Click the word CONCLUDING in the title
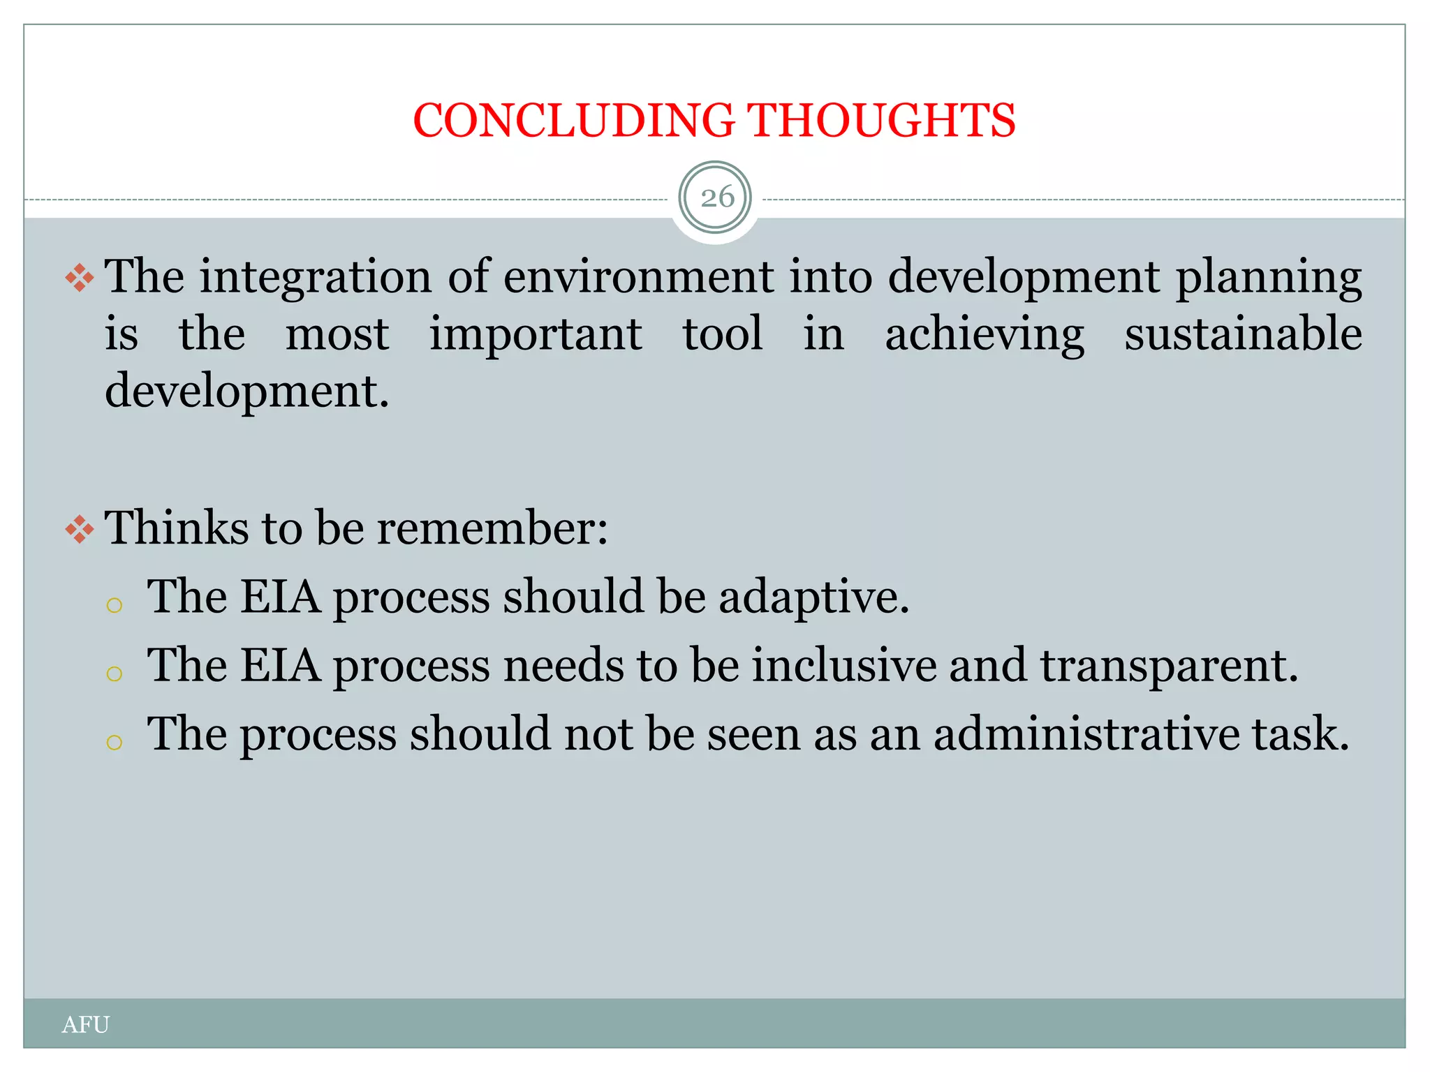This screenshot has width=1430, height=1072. [574, 121]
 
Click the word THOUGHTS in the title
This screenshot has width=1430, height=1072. [882, 121]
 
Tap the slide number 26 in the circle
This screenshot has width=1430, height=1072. [716, 198]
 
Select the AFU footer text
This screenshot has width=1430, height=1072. [85, 1025]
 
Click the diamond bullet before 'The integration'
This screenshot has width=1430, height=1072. [80, 278]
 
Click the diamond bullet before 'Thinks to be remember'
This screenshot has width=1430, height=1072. [80, 530]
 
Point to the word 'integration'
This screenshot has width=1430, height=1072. [316, 277]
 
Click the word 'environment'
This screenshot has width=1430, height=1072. [638, 277]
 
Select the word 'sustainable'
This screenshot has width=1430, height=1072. [1243, 334]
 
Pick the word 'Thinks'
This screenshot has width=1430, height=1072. [176, 528]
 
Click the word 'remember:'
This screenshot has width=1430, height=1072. [492, 528]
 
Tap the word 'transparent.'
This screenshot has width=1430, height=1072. [1169, 667]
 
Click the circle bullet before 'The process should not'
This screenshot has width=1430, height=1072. [115, 742]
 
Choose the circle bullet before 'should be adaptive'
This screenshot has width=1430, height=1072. [115, 604]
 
